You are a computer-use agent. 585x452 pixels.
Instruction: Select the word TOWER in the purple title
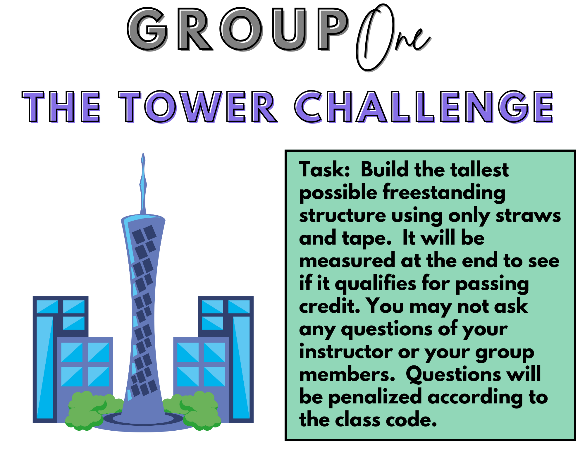coord(198,106)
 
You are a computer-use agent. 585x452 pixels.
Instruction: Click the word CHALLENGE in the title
coord(424,106)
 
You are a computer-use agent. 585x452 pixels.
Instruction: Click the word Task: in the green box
coord(325,170)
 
